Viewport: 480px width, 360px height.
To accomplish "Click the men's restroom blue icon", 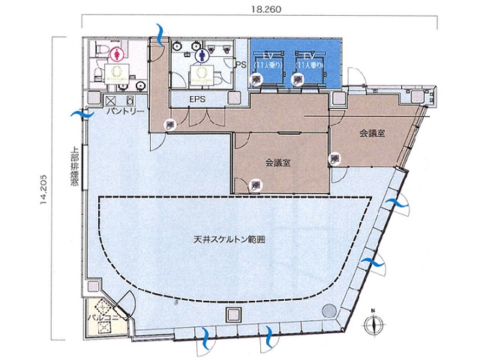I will tap(201, 54).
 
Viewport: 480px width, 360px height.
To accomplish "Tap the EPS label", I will tap(198, 98).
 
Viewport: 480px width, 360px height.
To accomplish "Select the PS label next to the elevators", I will tap(241, 65).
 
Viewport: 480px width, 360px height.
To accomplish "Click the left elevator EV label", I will tap(266, 56).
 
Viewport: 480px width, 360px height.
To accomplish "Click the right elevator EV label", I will tap(308, 56).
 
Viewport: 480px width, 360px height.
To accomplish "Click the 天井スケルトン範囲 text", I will tap(229, 241).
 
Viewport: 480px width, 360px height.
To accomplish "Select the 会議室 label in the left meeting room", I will tap(277, 162).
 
